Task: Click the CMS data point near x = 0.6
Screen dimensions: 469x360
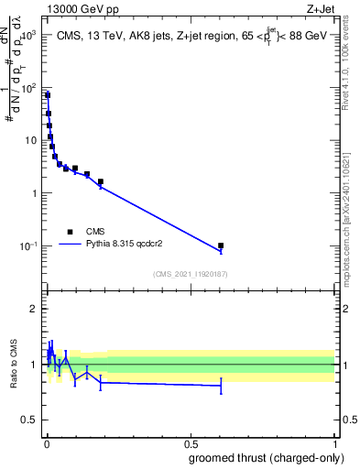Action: pos(221,245)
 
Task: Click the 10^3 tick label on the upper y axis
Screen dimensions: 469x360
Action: pos(26,34)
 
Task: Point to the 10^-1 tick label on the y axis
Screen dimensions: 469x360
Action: pos(26,246)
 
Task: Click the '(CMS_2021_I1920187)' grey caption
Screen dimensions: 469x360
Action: pos(189,274)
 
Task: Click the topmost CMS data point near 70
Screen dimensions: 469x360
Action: pos(47,95)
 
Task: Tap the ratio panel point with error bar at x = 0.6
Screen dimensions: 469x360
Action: pos(221,387)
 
